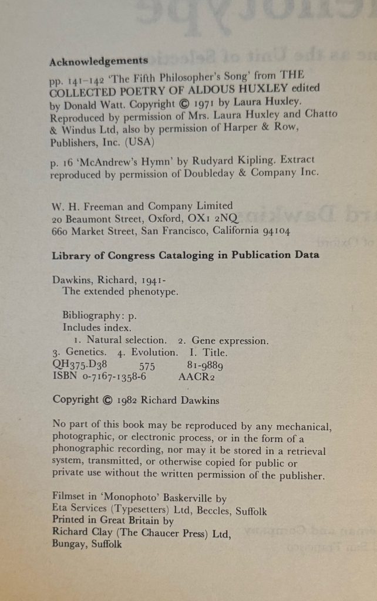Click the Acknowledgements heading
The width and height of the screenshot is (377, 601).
[98, 60]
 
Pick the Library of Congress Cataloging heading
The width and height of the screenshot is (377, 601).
[185, 255]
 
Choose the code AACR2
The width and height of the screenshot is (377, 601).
[196, 377]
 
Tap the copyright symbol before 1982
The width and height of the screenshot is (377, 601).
[106, 400]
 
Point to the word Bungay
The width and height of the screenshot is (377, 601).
[68, 544]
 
